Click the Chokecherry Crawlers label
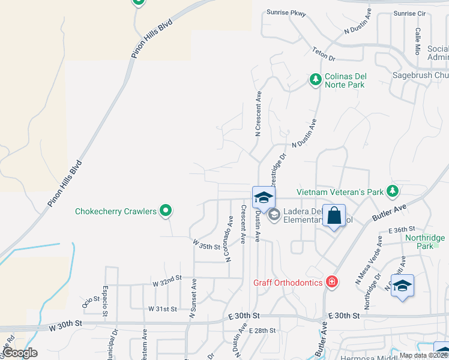tap(115, 211)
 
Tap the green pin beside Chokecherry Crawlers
tap(167, 211)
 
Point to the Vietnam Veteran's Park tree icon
tap(393, 191)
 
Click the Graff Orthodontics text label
tap(288, 282)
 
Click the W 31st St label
tap(163, 309)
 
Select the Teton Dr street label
tap(324, 54)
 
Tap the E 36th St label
tap(402, 230)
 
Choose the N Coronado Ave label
tap(229, 239)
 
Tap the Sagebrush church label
tap(420, 76)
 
